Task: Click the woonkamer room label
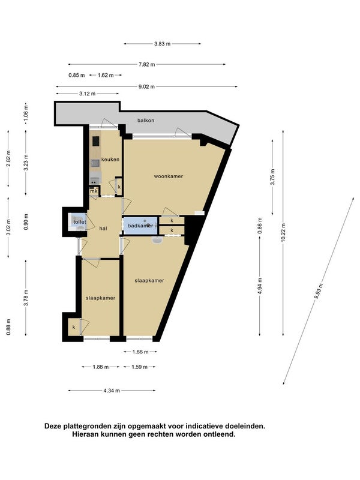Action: point(169,176)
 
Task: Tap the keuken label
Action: point(110,160)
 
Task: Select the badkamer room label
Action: point(140,226)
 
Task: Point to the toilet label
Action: point(80,221)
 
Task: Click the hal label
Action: point(103,229)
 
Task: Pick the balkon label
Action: point(146,121)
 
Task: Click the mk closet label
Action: point(94,191)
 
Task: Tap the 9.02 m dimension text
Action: point(146,86)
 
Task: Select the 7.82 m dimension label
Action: point(146,64)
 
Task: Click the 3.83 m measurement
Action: point(162,44)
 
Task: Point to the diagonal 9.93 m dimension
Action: point(319,291)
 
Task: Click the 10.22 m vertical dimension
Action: point(283,233)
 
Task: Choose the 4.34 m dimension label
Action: point(112,391)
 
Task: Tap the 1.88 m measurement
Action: point(101,367)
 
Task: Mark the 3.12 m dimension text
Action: point(87,94)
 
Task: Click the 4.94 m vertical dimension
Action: point(260,286)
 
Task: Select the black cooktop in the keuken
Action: point(96,141)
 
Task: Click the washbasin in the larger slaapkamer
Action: point(158,241)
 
